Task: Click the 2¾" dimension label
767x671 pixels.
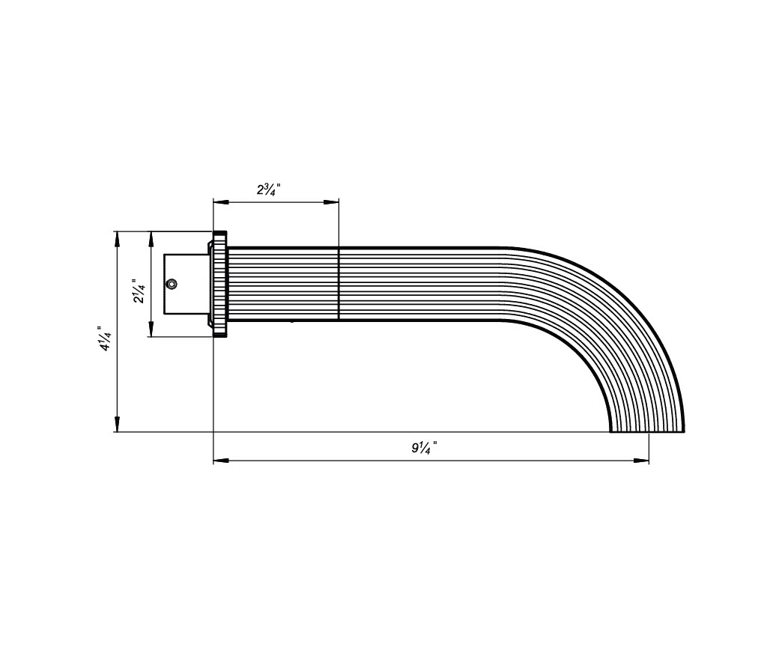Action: click(x=269, y=189)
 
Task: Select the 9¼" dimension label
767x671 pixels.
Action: click(x=424, y=447)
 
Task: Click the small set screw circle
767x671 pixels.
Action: click(x=172, y=284)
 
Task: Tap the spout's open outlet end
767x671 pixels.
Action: click(x=647, y=431)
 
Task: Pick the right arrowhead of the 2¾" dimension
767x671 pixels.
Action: click(x=331, y=201)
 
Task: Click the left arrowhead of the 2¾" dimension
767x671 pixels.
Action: click(x=221, y=201)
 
